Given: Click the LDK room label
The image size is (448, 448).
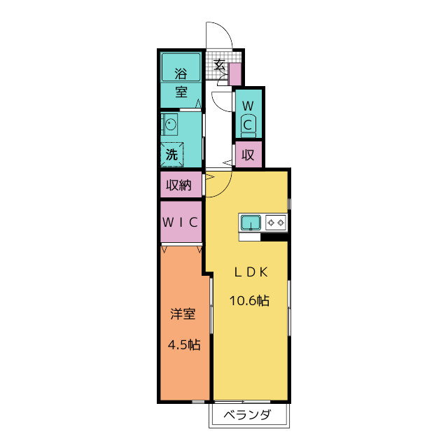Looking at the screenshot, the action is (x=251, y=272).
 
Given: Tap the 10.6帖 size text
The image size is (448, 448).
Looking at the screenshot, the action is (x=249, y=300).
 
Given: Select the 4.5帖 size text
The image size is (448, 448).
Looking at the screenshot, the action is (x=184, y=345).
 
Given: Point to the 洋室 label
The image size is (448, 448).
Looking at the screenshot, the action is (x=183, y=314).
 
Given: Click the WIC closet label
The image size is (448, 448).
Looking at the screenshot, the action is (x=181, y=222).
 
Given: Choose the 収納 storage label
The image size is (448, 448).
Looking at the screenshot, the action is (x=179, y=185).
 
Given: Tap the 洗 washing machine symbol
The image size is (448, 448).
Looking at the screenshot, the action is (x=171, y=154).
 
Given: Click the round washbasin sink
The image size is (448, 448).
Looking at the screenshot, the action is (x=171, y=125).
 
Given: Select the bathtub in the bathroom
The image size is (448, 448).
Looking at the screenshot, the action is (x=181, y=67).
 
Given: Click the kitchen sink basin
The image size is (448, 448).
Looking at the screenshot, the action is (x=251, y=223).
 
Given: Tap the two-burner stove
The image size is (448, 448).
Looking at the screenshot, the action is (x=276, y=223).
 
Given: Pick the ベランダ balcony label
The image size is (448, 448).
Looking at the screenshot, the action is (x=247, y=414).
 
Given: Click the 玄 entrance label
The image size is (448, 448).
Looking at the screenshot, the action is (x=220, y=65).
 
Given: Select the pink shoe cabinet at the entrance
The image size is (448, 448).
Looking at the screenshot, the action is (x=235, y=74).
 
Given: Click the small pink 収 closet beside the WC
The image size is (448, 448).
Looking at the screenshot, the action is (x=248, y=155).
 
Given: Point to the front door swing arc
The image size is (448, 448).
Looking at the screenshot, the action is (x=225, y=30).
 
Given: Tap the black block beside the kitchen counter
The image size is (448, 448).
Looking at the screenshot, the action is (x=274, y=237).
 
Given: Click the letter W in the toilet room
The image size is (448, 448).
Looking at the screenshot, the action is (x=248, y=106).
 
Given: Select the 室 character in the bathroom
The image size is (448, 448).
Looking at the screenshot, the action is (x=181, y=92).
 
